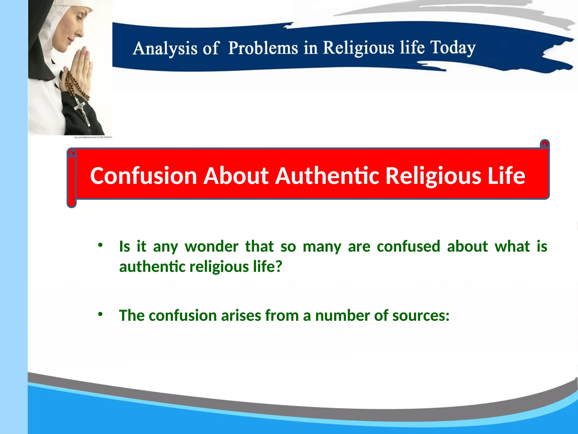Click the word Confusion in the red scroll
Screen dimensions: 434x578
(x=143, y=176)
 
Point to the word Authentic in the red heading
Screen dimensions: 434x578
(x=327, y=176)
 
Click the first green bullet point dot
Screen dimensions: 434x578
(x=100, y=245)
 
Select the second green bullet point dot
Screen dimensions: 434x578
(x=100, y=314)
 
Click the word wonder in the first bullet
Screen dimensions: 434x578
(x=211, y=246)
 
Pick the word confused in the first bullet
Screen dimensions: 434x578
(x=408, y=246)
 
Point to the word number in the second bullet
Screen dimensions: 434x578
(x=342, y=316)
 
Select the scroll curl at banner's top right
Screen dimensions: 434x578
(x=545, y=144)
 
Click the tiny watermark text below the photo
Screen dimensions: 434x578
(x=93, y=137)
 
